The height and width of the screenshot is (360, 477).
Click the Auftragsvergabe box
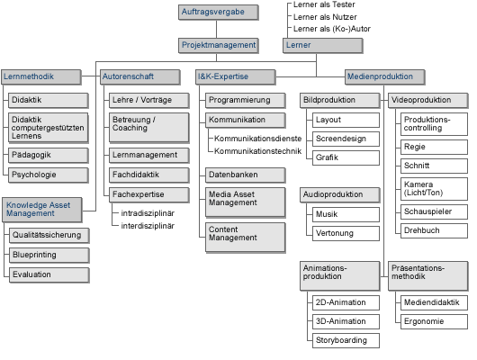(219, 13)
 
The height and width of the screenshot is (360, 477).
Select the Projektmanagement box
(219, 46)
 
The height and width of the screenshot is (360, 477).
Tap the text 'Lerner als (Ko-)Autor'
(331, 29)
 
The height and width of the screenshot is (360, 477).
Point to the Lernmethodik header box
(41, 77)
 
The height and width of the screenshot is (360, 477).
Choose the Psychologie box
(49, 175)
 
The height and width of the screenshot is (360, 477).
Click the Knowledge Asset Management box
(42, 210)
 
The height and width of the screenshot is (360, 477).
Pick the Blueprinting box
(49, 256)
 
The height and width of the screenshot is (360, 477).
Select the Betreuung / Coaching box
(149, 128)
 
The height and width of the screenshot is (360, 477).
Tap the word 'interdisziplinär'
(148, 226)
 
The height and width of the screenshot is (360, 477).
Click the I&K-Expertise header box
(236, 77)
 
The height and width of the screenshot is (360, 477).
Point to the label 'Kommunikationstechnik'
(257, 151)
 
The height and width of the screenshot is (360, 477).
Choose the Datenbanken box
(246, 175)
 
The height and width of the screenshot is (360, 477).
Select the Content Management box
(246, 238)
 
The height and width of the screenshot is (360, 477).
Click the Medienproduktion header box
(385, 77)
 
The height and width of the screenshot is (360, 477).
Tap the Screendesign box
(346, 139)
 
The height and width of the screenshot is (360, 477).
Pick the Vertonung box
(346, 233)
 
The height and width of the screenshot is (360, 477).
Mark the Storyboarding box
(346, 340)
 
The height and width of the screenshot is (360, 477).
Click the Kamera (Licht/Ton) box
(434, 189)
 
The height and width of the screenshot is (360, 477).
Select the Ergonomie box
(434, 321)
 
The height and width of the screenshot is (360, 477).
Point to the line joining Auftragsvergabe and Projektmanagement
(217, 29)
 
